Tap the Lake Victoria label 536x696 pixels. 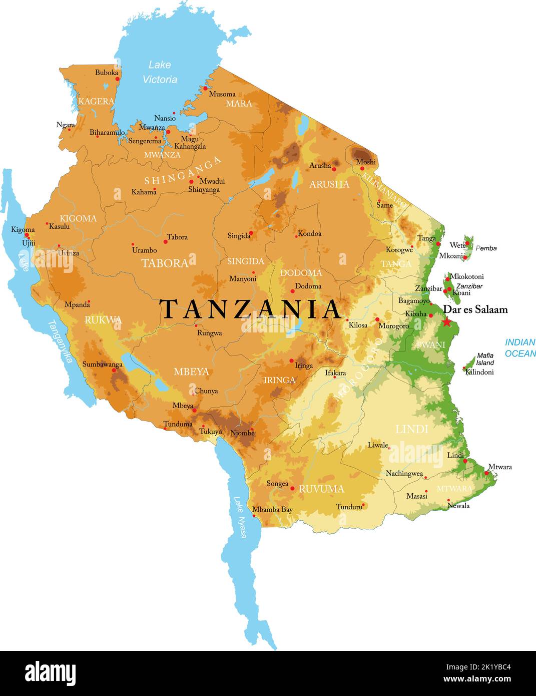[160, 72]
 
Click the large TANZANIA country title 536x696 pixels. [250, 309]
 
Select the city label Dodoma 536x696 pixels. [308, 286]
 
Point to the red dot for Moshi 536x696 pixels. [362, 168]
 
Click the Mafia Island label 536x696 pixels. [484, 359]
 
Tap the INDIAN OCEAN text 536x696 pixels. [519, 348]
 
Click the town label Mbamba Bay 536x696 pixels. [272, 510]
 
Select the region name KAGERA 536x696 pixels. [96, 101]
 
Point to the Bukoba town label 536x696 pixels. [107, 73]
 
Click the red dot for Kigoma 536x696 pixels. [27, 235]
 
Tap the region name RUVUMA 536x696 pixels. [321, 489]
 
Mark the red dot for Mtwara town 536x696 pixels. [486, 472]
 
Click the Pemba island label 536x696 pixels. [486, 248]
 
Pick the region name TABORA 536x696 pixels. [165, 263]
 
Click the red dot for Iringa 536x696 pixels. [292, 361]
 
